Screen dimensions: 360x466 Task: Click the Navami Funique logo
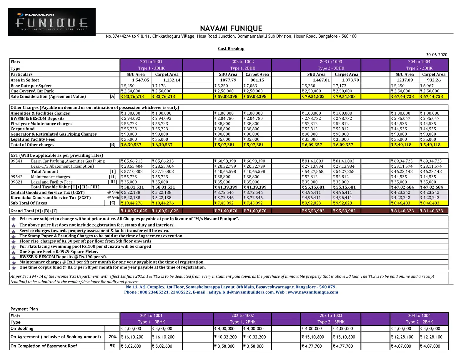point(52,22)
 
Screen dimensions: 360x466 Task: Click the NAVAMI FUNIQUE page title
point(231,29)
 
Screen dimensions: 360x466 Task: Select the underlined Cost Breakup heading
point(231,49)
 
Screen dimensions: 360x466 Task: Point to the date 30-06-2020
point(437,55)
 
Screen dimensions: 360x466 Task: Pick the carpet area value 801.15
point(257,80)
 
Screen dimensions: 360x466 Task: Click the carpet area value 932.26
point(434,80)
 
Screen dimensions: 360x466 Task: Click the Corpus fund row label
point(23,129)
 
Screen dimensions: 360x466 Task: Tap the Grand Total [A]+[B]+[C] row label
point(34,211)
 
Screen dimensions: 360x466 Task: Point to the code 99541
point(16,161)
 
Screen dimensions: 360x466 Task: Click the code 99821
point(16,182)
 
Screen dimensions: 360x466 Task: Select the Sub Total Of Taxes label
point(29,203)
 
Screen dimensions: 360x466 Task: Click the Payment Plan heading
point(24,309)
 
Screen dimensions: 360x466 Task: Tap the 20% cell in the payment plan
point(112,337)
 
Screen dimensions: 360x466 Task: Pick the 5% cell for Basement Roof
point(112,346)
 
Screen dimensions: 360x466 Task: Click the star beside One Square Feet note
point(14,252)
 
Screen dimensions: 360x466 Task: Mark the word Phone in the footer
point(130,292)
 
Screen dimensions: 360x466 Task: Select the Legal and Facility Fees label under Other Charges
point(33,139)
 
